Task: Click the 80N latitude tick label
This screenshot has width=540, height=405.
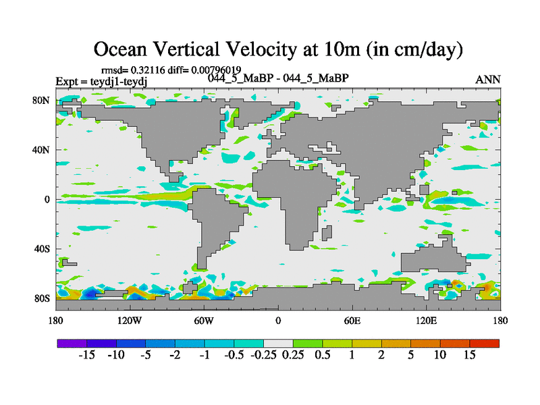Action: click(x=43, y=101)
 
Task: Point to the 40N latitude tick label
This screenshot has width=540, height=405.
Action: click(x=43, y=150)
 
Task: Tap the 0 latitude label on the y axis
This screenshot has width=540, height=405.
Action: click(x=48, y=199)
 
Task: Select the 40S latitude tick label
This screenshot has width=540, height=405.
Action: click(x=43, y=248)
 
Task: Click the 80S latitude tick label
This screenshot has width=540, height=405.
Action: click(x=43, y=298)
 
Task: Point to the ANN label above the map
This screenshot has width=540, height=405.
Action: click(x=487, y=80)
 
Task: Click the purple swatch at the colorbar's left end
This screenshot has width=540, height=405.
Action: click(x=71, y=343)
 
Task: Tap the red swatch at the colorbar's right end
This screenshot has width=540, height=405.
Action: click(x=485, y=343)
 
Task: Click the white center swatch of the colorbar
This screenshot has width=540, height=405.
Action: click(x=277, y=343)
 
